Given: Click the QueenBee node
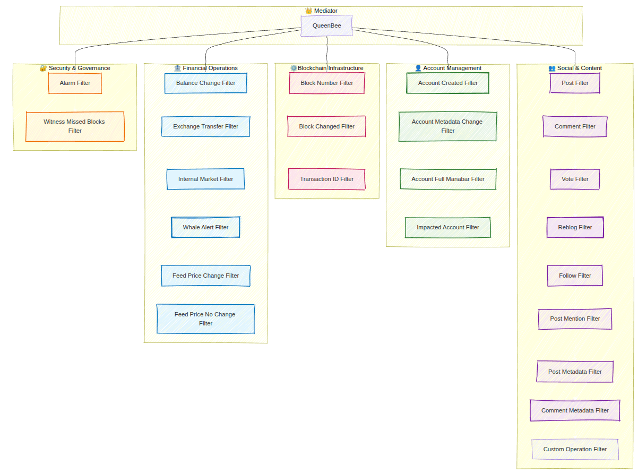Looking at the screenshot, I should coord(326,25).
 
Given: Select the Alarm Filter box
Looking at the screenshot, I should coord(75,83).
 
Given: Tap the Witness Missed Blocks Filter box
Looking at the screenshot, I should coord(75,126).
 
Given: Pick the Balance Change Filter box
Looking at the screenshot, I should coord(205,83).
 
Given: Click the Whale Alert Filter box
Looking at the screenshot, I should coord(205,227).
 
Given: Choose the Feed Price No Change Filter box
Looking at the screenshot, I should coord(205,319).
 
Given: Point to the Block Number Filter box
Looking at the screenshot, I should coord(326,83).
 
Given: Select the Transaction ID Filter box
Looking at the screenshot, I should coord(326,179).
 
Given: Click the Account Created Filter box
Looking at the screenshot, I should coord(447,83).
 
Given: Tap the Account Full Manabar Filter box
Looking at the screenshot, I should coord(447,179).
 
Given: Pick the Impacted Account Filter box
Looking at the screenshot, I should coord(447,227).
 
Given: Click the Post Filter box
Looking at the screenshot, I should coord(575,83).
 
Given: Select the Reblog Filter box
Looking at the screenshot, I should coord(575,227).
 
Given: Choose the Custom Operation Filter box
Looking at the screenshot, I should coord(575,449).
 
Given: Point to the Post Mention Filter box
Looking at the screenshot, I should coord(575,319).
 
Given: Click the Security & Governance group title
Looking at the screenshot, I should coord(79,68).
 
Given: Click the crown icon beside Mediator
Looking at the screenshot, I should coord(308,11).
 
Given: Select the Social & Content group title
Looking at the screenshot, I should coord(579,68).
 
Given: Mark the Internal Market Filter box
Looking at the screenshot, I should coord(205,179).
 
